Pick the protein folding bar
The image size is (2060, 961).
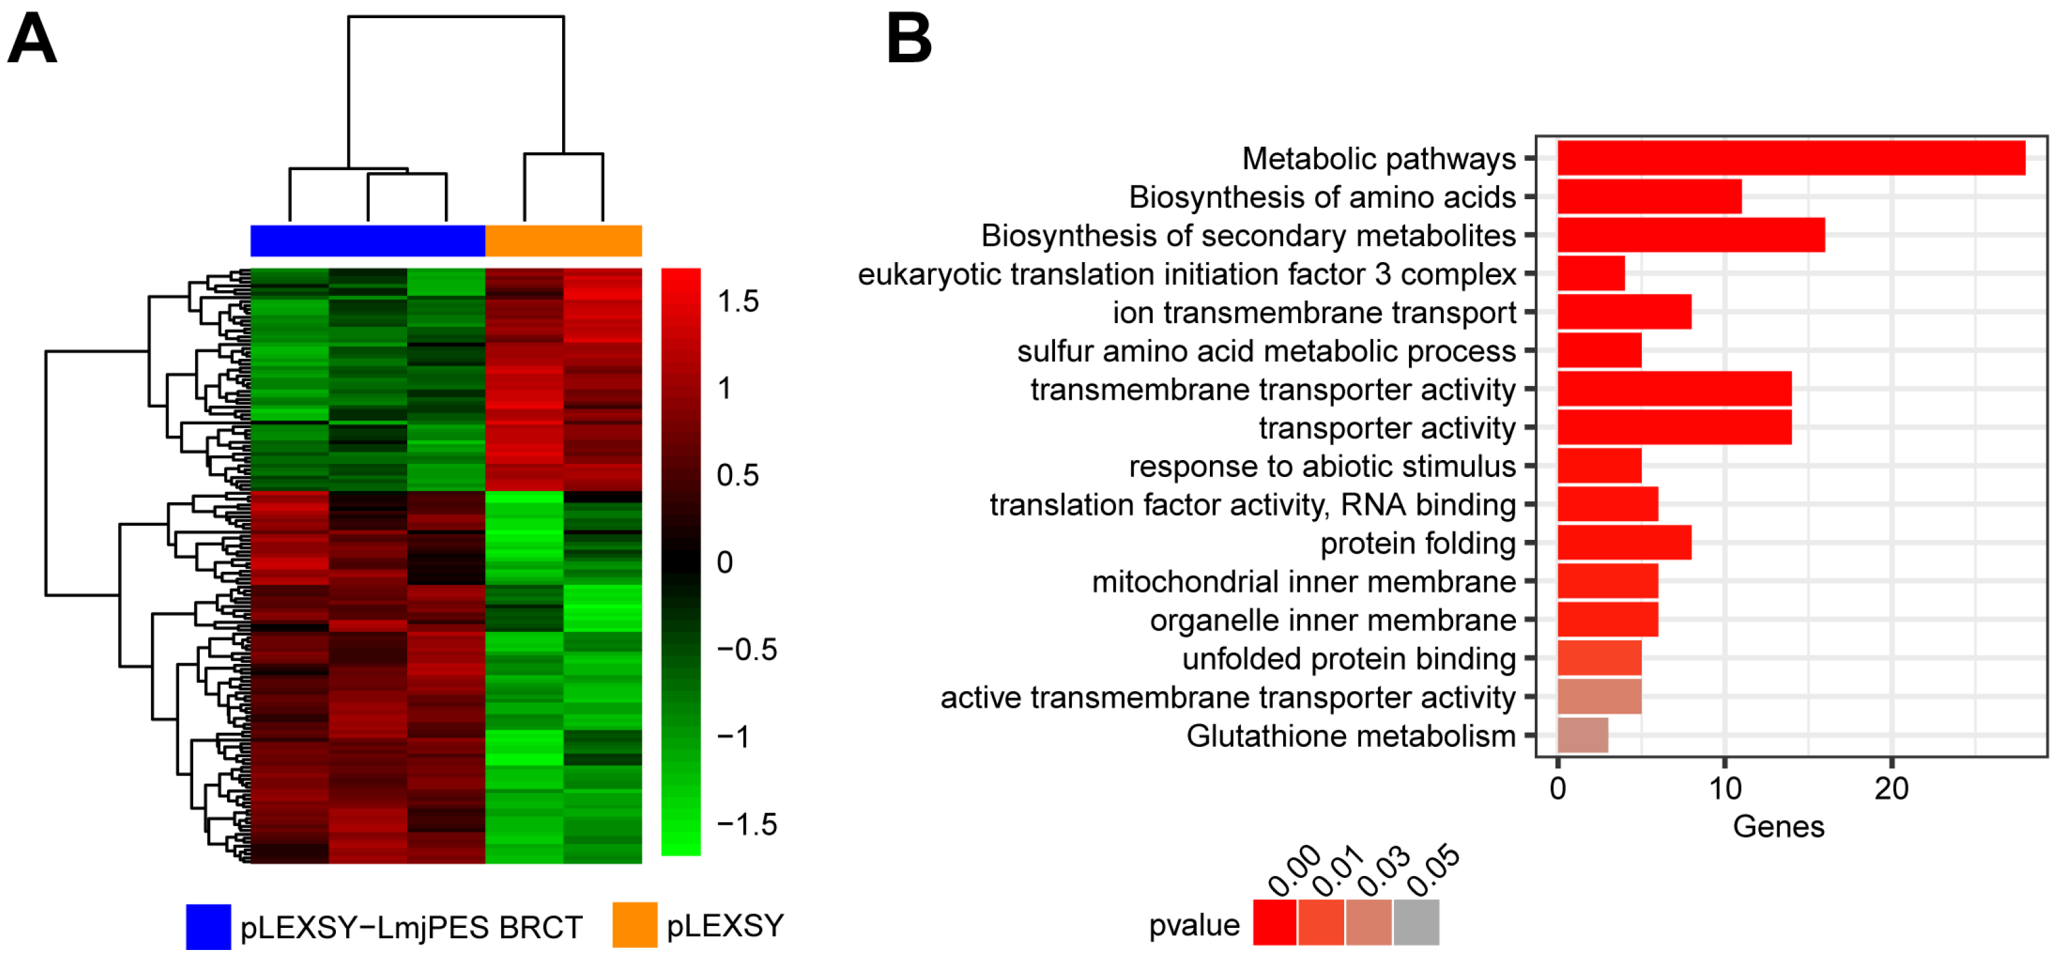point(1624,543)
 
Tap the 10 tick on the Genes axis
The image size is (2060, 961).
point(1724,790)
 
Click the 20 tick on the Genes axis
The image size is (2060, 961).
point(1891,790)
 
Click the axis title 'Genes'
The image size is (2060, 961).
point(1778,827)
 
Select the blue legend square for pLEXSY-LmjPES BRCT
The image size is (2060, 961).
point(208,927)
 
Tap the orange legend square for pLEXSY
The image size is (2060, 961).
point(634,925)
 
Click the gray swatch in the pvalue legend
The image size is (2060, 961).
point(1415,923)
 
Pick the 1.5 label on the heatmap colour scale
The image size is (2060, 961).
point(737,302)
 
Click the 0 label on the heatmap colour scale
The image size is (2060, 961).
point(724,563)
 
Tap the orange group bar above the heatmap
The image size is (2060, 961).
point(563,241)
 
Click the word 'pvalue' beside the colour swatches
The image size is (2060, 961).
point(1193,925)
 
